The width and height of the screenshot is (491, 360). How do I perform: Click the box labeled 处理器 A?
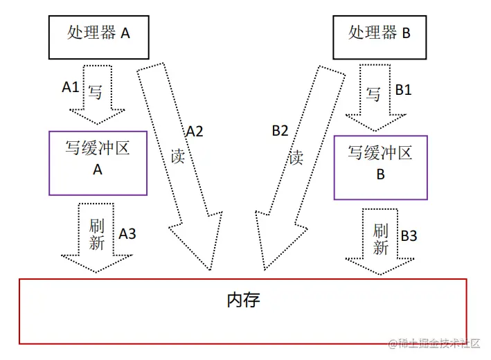98,33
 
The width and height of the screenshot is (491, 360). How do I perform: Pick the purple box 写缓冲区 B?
380,167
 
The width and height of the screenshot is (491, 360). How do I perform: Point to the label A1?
71,87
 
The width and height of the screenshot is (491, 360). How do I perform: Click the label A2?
195,131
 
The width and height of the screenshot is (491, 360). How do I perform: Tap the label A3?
127,234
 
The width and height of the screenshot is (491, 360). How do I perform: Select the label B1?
403,90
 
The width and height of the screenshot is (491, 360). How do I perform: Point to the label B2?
280,131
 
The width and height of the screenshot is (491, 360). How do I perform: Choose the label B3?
409,235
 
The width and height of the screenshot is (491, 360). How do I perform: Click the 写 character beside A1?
95,91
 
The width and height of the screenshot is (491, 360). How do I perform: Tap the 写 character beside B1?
373,94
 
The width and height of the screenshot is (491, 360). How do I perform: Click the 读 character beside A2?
178,156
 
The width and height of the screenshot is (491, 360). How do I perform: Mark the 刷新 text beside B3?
381,239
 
